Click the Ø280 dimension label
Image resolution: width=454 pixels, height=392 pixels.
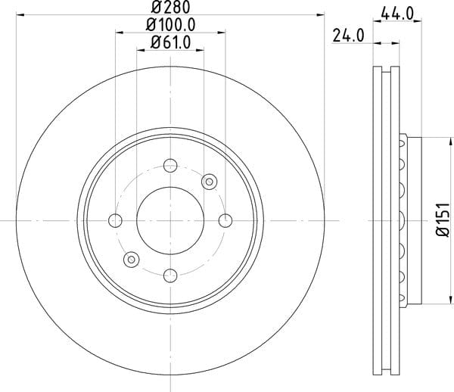170,7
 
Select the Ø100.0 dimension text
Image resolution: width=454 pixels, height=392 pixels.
170,25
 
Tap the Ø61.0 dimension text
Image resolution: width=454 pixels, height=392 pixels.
170,43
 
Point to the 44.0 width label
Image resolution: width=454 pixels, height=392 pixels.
397,14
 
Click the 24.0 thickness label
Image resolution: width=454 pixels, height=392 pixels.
348,36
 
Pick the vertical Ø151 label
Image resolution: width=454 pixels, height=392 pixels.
443,220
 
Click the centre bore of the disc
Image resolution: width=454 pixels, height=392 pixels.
170,221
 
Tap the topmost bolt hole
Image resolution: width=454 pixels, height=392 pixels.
170,165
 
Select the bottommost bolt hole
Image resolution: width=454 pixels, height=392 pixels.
170,275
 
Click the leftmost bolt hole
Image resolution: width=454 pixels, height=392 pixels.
115,221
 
